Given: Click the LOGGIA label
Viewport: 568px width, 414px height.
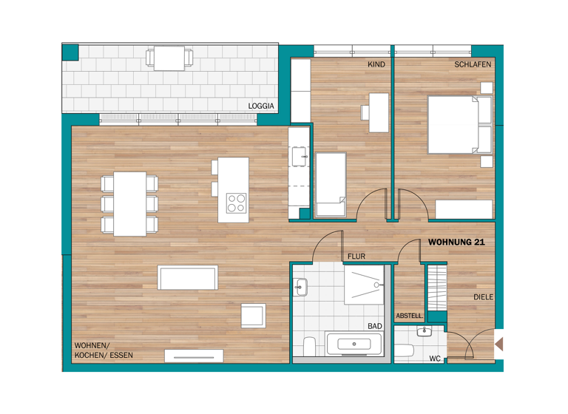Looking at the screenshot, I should click(x=261, y=106).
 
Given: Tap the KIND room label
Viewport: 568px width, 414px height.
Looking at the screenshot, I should click(x=376, y=65).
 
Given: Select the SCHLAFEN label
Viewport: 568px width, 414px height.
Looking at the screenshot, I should click(x=473, y=65).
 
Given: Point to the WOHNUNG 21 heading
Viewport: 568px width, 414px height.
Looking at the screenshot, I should click(x=457, y=242).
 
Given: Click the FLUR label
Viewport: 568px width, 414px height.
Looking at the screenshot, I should click(x=356, y=257).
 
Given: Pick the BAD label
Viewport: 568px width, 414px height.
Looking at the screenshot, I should click(x=375, y=325).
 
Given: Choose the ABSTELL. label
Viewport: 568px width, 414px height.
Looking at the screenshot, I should click(x=410, y=316).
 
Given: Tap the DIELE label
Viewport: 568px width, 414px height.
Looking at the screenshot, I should click(x=484, y=297).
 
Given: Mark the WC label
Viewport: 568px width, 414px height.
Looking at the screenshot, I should click(x=436, y=359).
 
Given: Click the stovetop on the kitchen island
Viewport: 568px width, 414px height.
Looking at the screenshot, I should click(x=236, y=203).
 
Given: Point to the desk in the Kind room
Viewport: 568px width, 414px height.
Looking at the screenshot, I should click(x=379, y=112).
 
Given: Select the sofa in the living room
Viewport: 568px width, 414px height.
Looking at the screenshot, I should click(x=188, y=278).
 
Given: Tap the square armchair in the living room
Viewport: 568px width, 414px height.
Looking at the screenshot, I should click(x=253, y=315).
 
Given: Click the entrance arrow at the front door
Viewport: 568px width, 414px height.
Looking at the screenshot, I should click(x=501, y=344).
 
